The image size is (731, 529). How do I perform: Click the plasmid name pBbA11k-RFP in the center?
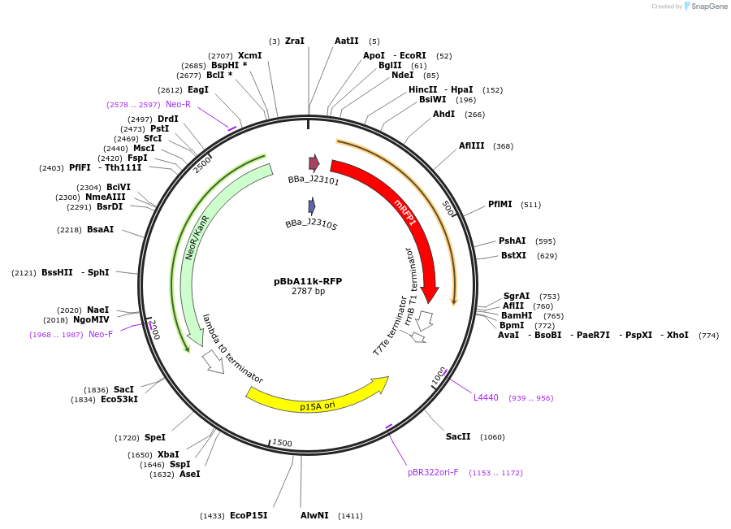coord(308,281)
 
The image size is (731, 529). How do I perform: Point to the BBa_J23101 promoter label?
coord(314,180)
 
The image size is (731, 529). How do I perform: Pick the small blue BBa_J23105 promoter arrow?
coord(311,206)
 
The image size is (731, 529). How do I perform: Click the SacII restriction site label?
coord(458,437)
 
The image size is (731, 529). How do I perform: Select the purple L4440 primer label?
coord(486,398)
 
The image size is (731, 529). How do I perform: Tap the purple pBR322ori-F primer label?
coord(433,473)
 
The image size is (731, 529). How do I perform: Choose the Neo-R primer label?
coord(178,105)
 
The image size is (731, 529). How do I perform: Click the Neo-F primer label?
coord(101,335)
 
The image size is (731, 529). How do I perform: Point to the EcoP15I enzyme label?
coord(249,516)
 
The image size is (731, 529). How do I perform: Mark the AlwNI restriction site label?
coord(314,516)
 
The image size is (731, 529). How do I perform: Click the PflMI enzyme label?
coord(500,205)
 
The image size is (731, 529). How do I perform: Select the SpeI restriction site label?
coord(155,438)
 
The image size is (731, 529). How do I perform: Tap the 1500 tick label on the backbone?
coord(282,443)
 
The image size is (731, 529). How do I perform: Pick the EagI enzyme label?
coord(198,90)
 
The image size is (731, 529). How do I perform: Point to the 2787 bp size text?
coord(308,292)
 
